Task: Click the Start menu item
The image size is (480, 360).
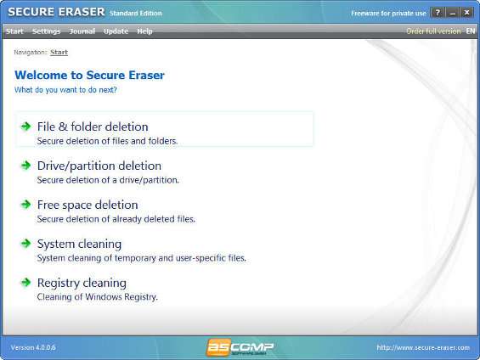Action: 14,31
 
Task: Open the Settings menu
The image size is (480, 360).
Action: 46,31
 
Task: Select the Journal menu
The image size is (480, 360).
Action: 82,31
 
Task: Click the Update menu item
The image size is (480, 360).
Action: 116,31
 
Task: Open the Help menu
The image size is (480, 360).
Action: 144,31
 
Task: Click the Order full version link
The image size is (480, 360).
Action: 433,31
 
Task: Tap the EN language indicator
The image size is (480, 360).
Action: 471,31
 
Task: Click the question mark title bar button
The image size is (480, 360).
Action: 438,13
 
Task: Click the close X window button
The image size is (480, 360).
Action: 466,13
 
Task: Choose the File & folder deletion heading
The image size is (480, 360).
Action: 93,127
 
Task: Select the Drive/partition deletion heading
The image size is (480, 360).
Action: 99,166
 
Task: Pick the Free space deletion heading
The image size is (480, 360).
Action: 88,205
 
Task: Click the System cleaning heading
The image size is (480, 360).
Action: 79,244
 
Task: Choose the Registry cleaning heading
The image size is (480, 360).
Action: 82,283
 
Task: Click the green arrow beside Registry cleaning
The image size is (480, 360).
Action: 26,283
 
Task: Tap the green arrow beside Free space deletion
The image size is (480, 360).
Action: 26,205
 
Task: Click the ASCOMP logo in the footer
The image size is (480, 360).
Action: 240,347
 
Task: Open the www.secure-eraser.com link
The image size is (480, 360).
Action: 423,348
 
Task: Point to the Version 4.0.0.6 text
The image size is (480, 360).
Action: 33,348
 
